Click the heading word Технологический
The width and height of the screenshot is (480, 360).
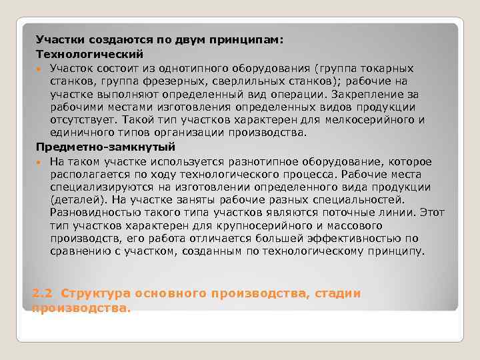coord(89,53)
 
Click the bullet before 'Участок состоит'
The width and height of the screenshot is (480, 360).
coord(40,69)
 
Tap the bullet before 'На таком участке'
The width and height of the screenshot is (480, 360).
coord(40,163)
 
